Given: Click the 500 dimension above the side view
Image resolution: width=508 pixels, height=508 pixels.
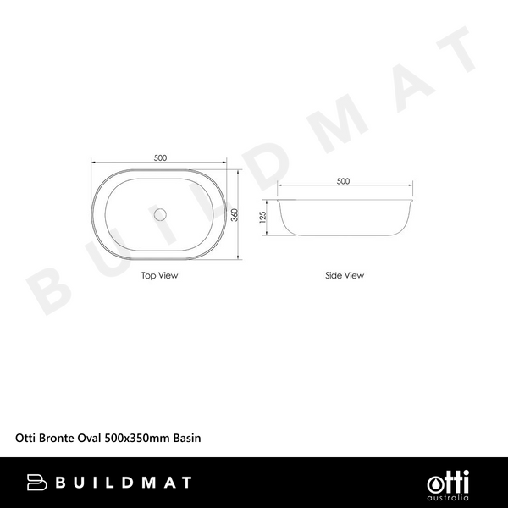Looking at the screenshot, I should tap(343, 181).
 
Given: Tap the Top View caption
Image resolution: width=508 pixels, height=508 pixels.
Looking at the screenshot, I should tap(160, 275).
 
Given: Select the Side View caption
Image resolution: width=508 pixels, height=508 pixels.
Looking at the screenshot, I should tap(344, 275).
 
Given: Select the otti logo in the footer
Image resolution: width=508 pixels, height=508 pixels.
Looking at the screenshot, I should tap(444, 478).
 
